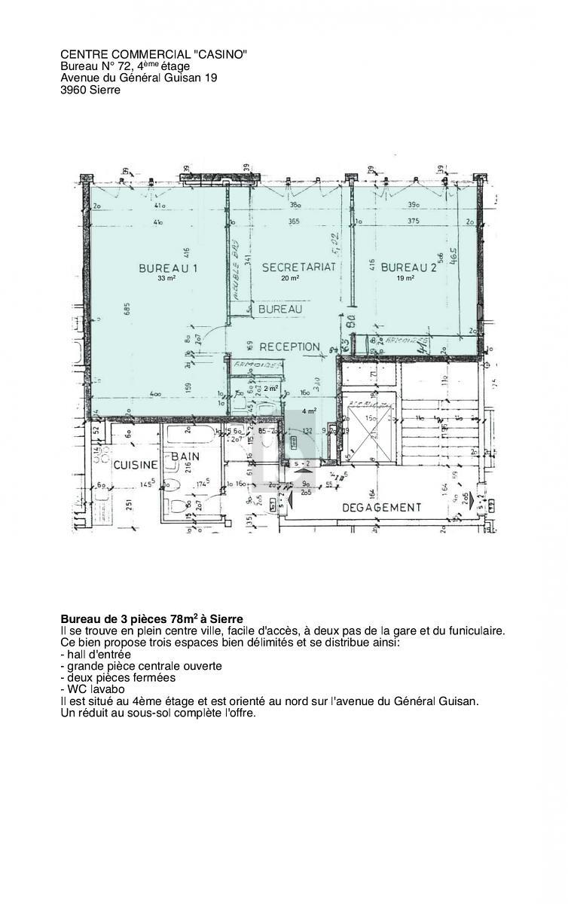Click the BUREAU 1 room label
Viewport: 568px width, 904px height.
[168, 268]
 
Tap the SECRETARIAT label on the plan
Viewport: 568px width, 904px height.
[298, 267]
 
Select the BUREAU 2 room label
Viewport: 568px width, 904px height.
[408, 267]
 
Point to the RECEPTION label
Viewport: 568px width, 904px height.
[289, 347]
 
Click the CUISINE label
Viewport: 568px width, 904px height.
[136, 465]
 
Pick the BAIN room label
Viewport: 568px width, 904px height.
[185, 457]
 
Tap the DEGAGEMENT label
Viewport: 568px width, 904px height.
[382, 508]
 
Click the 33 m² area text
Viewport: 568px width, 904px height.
[166, 279]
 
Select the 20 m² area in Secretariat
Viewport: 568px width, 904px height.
[290, 279]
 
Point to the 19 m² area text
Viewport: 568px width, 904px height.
[406, 279]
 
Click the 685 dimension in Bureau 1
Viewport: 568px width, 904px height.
[128, 310]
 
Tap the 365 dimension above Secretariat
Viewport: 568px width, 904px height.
[293, 221]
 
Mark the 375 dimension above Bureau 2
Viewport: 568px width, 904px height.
[412, 221]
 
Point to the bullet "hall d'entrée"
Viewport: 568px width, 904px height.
[99, 655]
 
